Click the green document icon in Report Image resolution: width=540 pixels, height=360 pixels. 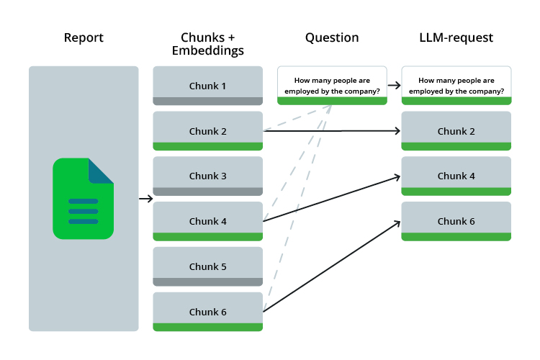[83, 199]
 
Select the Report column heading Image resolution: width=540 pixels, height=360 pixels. [84, 38]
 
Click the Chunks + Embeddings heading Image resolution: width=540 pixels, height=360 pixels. [207, 44]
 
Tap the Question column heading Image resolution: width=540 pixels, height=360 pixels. [331, 38]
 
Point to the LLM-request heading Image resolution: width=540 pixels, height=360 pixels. [456, 38]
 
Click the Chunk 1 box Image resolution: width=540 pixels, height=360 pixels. [207, 86]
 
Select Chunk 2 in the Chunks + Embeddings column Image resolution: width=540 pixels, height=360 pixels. [207, 131]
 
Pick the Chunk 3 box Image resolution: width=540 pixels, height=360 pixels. [207, 176]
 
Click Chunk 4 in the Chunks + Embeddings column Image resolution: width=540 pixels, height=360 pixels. [207, 221]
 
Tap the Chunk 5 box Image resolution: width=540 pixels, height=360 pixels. [207, 266]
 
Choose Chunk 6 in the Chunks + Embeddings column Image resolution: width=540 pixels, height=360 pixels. [207, 312]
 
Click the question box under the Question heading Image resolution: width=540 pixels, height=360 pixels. [332, 86]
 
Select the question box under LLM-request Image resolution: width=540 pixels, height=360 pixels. [456, 86]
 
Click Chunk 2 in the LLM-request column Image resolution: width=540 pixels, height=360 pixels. [456, 131]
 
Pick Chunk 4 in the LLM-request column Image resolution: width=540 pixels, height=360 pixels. [456, 176]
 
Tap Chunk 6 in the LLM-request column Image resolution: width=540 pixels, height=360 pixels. [456, 221]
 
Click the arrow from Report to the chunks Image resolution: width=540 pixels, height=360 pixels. [145, 199]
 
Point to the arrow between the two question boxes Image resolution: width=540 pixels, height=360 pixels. [394, 86]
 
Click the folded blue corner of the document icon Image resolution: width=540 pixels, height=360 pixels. [101, 170]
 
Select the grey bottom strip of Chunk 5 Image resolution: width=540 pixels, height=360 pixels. [207, 282]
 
